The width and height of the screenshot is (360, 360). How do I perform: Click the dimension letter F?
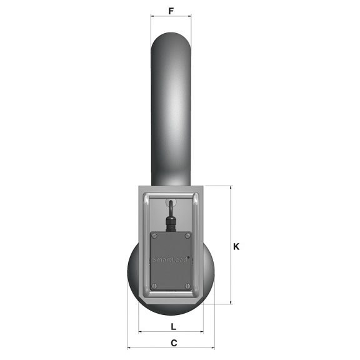171,11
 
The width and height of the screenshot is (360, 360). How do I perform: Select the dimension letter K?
236,246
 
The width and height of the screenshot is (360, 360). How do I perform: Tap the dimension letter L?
172,326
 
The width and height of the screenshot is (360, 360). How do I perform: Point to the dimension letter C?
174,342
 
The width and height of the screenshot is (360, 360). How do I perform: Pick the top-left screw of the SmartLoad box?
155,236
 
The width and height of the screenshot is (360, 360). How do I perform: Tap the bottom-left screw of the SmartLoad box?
155,286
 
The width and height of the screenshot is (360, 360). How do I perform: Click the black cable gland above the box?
169,222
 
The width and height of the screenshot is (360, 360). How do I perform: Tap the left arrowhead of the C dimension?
129,347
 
